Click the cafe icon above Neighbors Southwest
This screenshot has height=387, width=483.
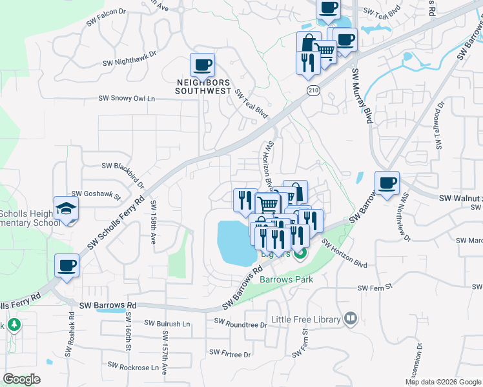coord(203,65)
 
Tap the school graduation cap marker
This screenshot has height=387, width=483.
coord(67,209)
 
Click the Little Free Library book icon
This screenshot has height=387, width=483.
coord(350,318)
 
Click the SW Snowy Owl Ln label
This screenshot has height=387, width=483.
coord(127,99)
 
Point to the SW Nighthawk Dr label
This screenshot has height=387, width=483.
coord(130,63)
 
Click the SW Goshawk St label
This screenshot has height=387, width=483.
coord(96,193)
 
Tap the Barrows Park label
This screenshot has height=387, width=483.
coord(286,279)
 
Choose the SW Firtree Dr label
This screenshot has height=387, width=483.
coord(230,353)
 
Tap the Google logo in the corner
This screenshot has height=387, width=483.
coord(21,379)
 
